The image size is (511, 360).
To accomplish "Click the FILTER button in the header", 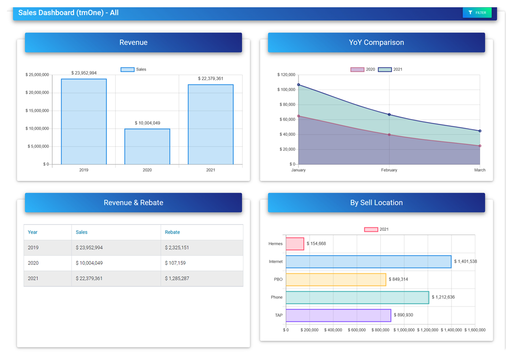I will tap(477, 13).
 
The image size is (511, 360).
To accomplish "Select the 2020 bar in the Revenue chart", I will tap(147, 147).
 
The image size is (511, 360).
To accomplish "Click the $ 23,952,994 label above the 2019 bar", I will tap(84, 73).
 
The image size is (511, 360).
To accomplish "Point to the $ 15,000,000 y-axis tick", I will tap(37, 111).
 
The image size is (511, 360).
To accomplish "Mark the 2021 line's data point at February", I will tap(389, 115).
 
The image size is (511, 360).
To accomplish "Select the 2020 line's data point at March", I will tap(480, 146).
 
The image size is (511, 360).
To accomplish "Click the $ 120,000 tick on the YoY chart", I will tap(286, 75).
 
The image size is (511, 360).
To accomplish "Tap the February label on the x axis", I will tap(389, 170).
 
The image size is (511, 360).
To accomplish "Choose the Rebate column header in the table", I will tap(172, 232).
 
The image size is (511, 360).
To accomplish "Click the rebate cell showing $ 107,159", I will tap(175, 263).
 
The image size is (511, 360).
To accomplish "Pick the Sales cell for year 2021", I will tap(89, 279).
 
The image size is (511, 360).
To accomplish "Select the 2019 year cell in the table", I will tap(33, 248).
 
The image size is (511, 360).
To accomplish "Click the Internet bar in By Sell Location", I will tap(368, 262).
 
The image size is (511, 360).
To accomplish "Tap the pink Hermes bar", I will tap(295, 244).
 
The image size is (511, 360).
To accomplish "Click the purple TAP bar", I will tap(338, 315).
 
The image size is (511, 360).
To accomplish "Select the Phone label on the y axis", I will tap(276, 298).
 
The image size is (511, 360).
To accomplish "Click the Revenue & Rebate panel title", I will tap(133, 203).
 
